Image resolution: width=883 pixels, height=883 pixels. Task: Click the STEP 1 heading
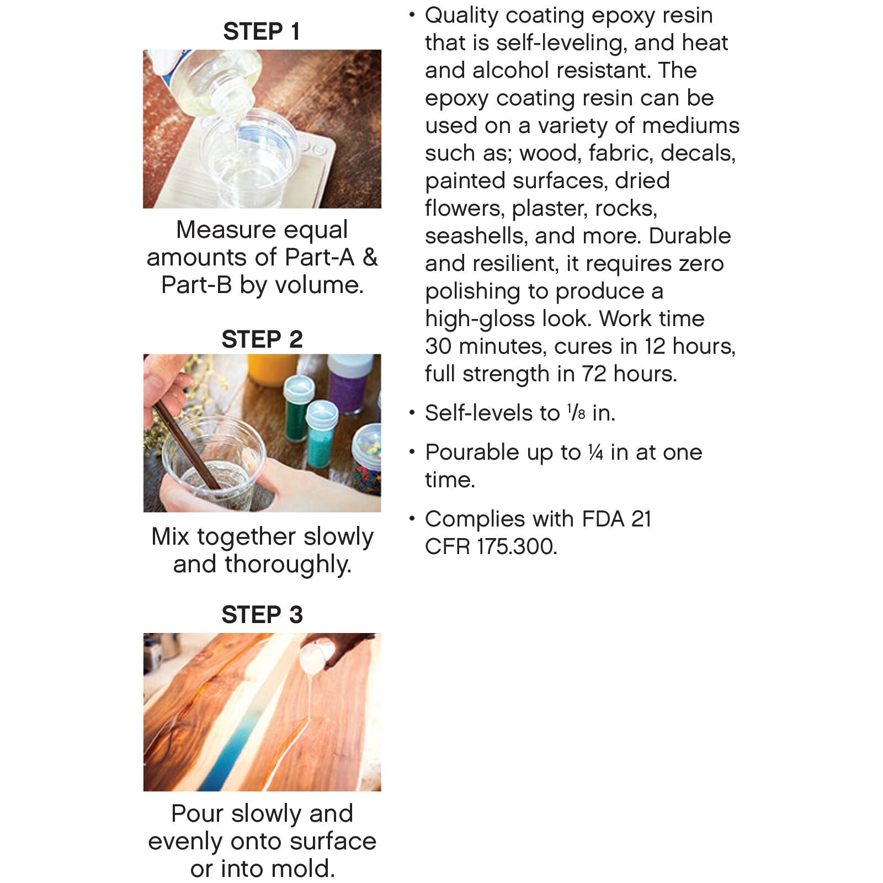click(x=262, y=31)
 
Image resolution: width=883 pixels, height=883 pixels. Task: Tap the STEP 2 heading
click(x=262, y=339)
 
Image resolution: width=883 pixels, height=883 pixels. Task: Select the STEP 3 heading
click(x=262, y=614)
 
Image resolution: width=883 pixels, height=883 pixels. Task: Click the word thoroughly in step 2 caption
click(x=287, y=564)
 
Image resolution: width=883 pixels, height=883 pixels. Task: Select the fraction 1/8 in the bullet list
click(x=576, y=413)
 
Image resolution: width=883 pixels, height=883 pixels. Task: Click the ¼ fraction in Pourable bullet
click(x=595, y=453)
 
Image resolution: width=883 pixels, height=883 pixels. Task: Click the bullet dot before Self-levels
click(x=412, y=412)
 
